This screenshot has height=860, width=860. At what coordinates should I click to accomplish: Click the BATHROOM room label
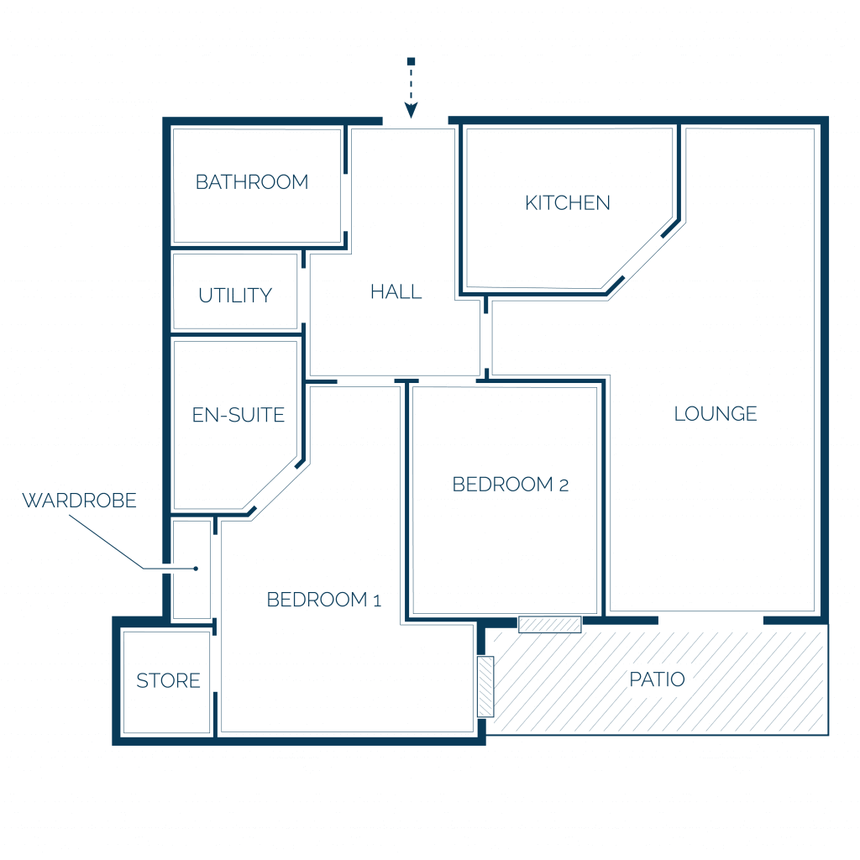(x=252, y=182)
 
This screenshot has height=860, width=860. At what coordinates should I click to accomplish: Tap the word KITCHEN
(x=568, y=203)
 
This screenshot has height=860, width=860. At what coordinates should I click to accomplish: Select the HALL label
(x=396, y=291)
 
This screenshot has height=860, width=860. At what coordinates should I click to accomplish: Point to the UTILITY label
(x=235, y=296)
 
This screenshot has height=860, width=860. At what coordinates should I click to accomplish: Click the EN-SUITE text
(x=239, y=415)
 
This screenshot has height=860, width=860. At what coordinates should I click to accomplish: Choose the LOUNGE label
(x=716, y=413)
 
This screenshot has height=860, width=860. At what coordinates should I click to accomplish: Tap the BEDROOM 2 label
(x=510, y=485)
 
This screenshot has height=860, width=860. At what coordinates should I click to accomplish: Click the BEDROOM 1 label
(x=323, y=600)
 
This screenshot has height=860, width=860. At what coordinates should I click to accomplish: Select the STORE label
(x=168, y=680)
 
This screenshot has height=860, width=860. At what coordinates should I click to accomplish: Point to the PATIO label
(x=657, y=679)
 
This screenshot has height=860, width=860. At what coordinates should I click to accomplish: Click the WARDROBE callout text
(x=80, y=501)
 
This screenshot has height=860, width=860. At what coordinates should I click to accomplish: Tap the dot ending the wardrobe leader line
(x=196, y=569)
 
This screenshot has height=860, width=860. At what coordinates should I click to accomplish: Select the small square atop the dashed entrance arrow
(x=411, y=61)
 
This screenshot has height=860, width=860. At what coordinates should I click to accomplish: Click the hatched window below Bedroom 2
(x=549, y=624)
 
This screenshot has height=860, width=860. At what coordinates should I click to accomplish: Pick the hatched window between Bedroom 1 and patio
(x=485, y=687)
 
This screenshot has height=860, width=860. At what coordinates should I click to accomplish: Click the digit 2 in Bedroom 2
(x=564, y=485)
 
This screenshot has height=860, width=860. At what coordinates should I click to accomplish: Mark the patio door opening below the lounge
(x=711, y=621)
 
